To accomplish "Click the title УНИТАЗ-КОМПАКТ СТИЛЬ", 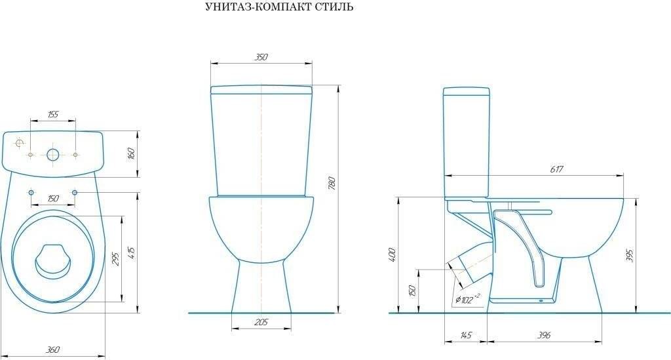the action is (x=279, y=7).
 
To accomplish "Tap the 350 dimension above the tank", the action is (x=261, y=57).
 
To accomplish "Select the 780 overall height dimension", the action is (x=332, y=183).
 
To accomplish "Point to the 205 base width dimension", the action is (x=261, y=323).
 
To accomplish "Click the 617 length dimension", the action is (x=556, y=170).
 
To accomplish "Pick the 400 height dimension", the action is (x=393, y=254).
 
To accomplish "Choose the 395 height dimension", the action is (x=630, y=256).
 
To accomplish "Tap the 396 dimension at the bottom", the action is (x=544, y=335).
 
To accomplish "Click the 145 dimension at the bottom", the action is (x=465, y=335).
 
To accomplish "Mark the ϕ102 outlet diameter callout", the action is (x=467, y=298).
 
